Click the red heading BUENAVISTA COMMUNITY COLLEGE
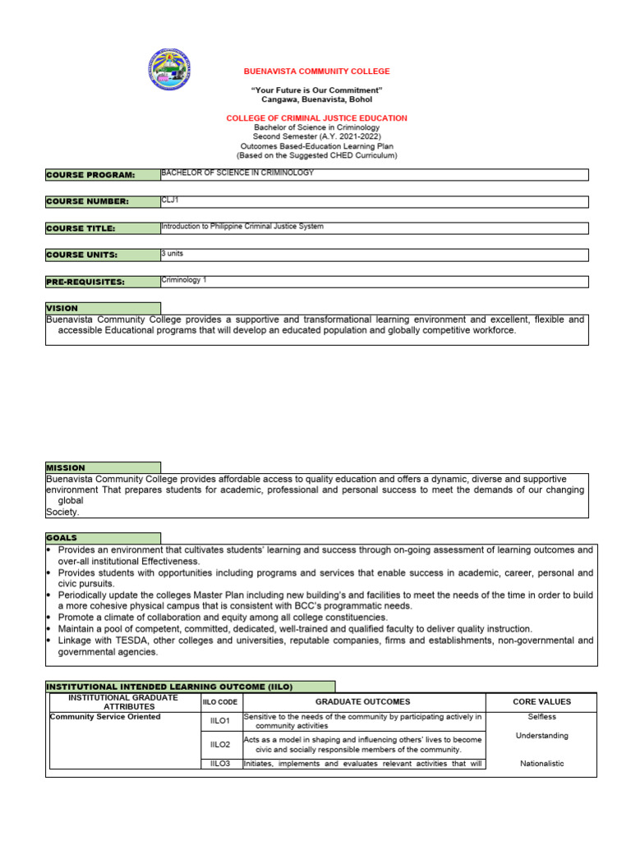[x=316, y=71]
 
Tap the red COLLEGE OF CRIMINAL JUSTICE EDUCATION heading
[x=316, y=118]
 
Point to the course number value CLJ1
[x=171, y=200]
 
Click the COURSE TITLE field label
[x=81, y=228]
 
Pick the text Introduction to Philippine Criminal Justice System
[x=247, y=226]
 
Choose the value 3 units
[x=173, y=253]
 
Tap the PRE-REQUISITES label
[x=85, y=282]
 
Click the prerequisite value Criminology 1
[x=184, y=280]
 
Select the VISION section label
[x=62, y=308]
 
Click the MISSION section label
[x=66, y=467]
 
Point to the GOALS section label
[x=62, y=538]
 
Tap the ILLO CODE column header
[x=219, y=702]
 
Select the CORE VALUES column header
[x=541, y=702]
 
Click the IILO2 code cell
[x=219, y=744]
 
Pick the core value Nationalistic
[x=541, y=764]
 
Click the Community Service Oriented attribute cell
[x=105, y=717]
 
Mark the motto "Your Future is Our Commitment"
[x=316, y=90]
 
